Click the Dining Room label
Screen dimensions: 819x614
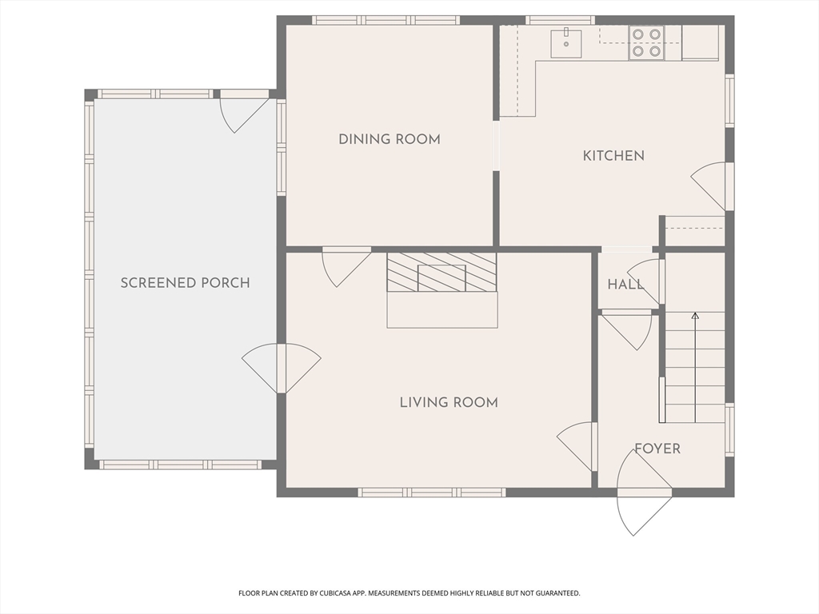[x=390, y=139]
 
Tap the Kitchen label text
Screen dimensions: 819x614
[x=613, y=156]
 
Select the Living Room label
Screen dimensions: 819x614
[x=449, y=403]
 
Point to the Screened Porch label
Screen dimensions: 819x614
[x=185, y=283]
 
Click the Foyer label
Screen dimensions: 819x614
[x=657, y=449]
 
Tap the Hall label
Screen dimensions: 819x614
[x=625, y=285]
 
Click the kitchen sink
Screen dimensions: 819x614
[x=566, y=44]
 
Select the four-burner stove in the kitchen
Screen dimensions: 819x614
[x=646, y=42]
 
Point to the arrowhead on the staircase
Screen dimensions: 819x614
[x=695, y=315]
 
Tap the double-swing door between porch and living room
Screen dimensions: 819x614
[x=282, y=368]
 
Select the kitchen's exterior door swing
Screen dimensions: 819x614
[x=710, y=185]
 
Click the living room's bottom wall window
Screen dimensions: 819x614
[x=432, y=492]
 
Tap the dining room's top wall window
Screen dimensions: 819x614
[x=386, y=20]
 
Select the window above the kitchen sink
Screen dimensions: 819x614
[x=560, y=20]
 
